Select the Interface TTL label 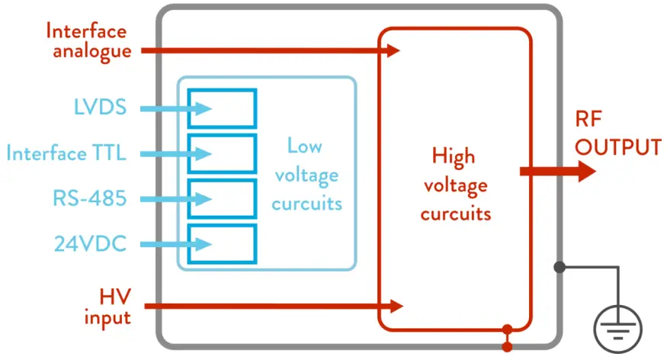point(66,153)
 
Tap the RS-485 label point(90,199)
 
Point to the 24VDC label point(90,244)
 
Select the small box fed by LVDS point(223,108)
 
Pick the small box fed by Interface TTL point(223,153)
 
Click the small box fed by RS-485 point(223,199)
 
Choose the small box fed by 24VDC point(223,244)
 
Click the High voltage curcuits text point(455,185)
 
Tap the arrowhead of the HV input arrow point(395,306)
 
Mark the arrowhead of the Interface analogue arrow point(393,51)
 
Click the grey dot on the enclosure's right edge point(560,267)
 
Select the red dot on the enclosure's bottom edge point(505,330)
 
